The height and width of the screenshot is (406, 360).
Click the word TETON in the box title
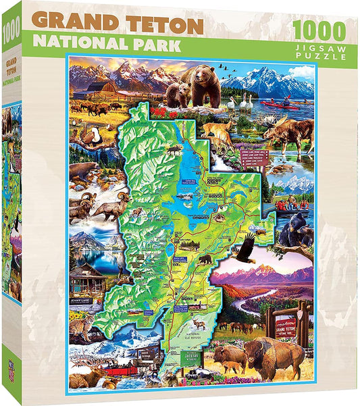(159, 26)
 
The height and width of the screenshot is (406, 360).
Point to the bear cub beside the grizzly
(178, 95)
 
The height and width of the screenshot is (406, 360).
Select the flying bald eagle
(244, 247)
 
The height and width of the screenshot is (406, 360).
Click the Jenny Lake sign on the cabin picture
(84, 295)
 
